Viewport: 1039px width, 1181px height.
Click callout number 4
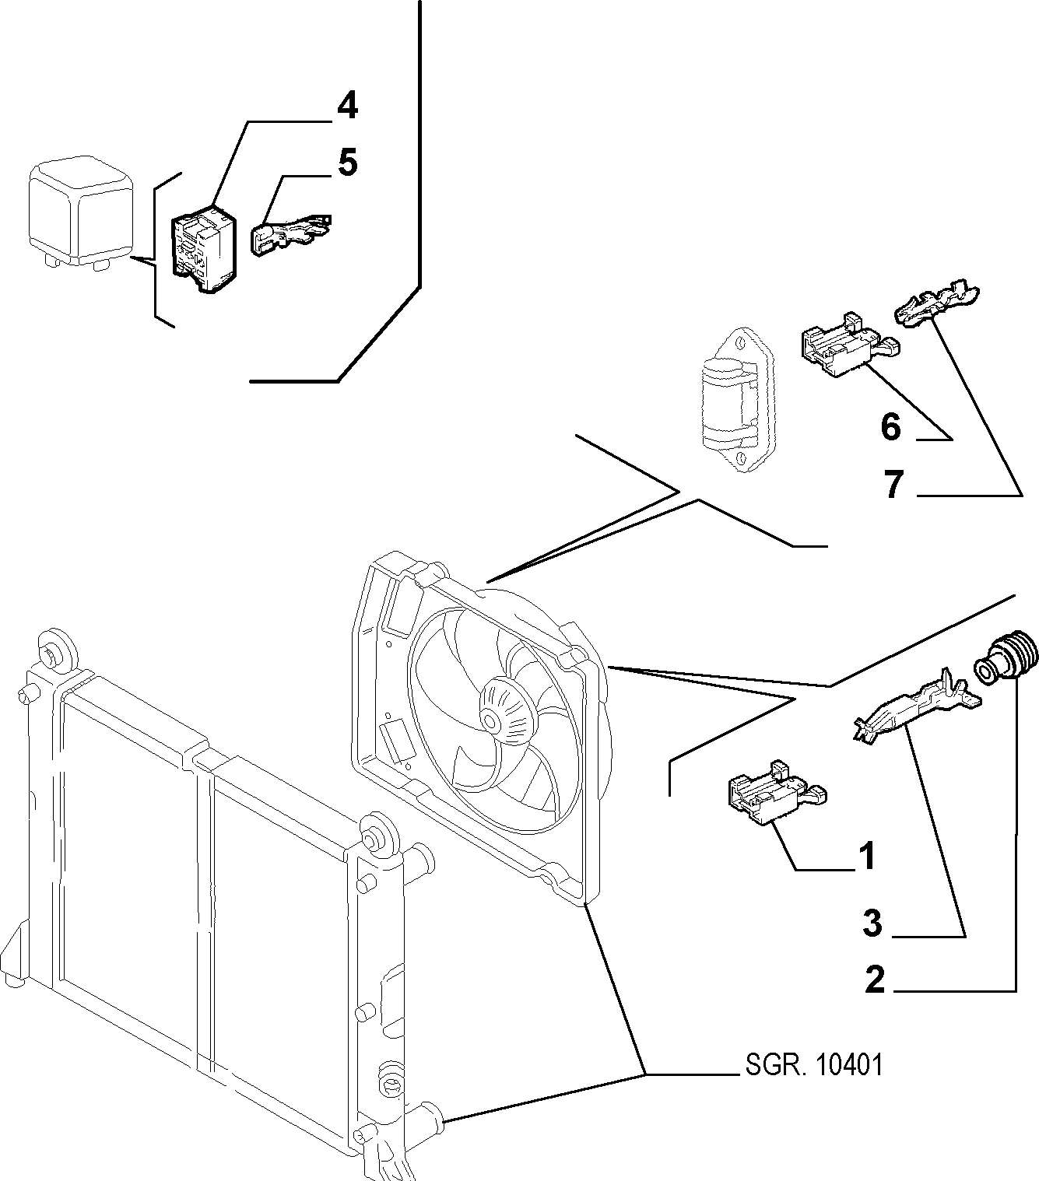347,107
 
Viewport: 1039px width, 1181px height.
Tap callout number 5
347,163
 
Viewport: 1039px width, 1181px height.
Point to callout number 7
893,484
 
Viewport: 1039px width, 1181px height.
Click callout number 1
868,856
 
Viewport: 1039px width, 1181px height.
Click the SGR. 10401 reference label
814,1066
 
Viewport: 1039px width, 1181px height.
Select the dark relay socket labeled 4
203,249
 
